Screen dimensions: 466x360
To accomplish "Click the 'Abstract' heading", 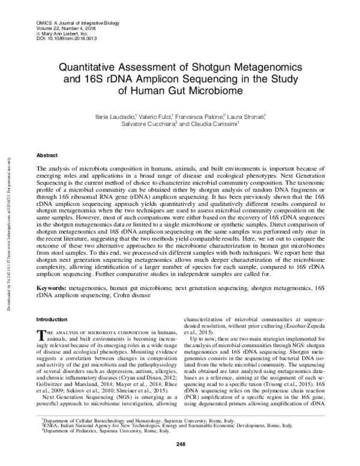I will [47, 154].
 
